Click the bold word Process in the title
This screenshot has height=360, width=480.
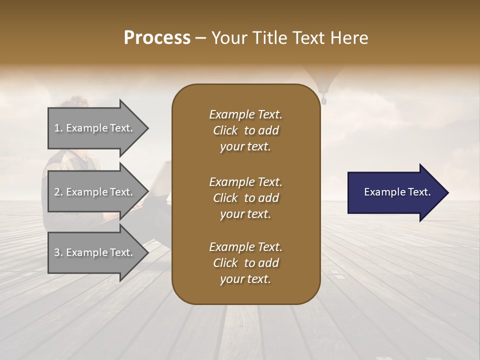pyautogui.click(x=157, y=38)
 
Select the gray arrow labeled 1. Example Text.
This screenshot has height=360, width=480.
pyautogui.click(x=95, y=128)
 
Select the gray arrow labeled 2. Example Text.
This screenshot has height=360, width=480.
pyautogui.click(x=95, y=192)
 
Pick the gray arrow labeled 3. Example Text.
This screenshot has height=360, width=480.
pyautogui.click(x=95, y=252)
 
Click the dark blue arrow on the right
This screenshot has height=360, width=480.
pyautogui.click(x=395, y=192)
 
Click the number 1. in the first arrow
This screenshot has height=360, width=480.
pyautogui.click(x=58, y=128)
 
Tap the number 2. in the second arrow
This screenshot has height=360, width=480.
pyautogui.click(x=58, y=192)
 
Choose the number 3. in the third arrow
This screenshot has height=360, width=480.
pyautogui.click(x=58, y=253)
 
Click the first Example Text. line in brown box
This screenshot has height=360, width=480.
pyautogui.click(x=245, y=114)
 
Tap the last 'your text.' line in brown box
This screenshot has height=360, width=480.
pyautogui.click(x=245, y=279)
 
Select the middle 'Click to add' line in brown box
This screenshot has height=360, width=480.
pyautogui.click(x=245, y=198)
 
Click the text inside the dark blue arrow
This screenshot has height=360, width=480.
pyautogui.click(x=397, y=192)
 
